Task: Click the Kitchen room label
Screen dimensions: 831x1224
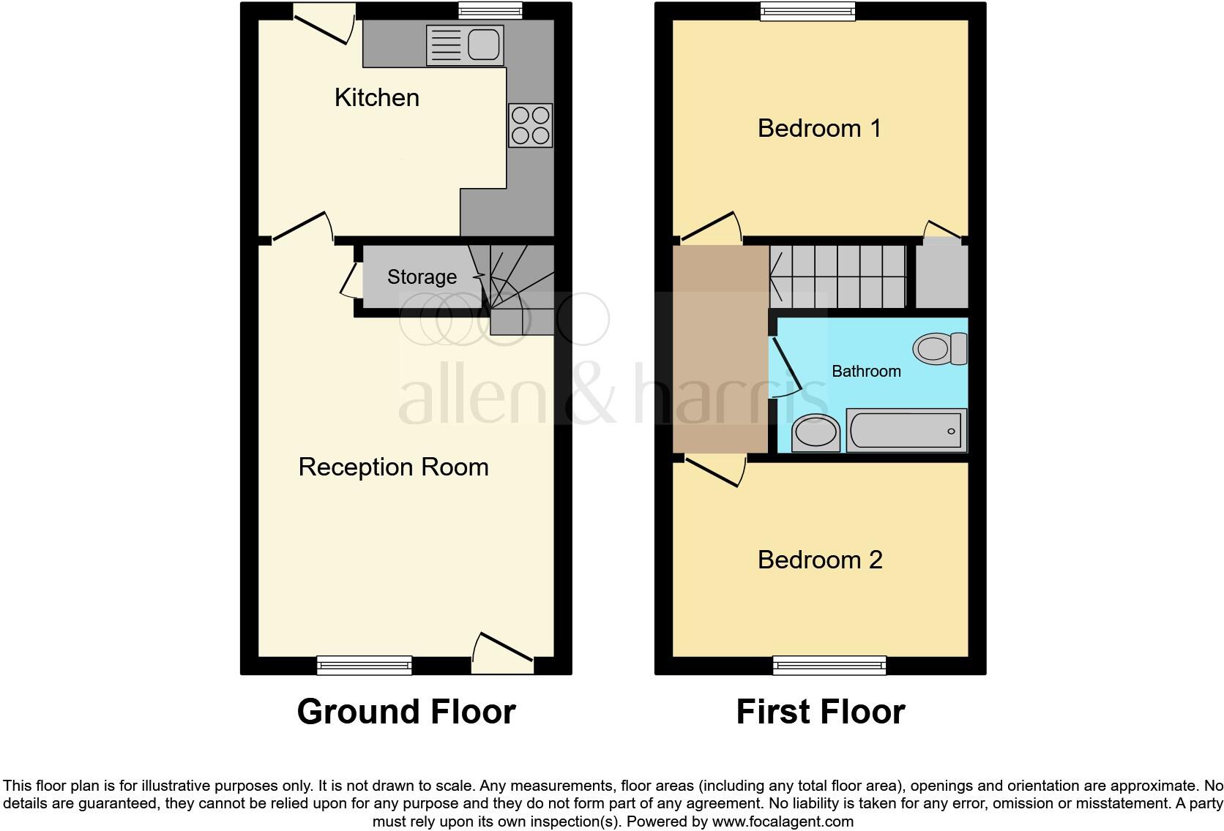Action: coord(376,97)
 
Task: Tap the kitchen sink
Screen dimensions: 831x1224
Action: coord(464,45)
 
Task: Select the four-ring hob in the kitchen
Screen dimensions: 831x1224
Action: coord(531,125)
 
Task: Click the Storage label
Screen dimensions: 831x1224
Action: coord(422,277)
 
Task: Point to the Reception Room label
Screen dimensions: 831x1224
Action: coord(393,467)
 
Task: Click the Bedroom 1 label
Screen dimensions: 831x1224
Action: coord(819,128)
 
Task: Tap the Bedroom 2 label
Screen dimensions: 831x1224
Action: coord(820,560)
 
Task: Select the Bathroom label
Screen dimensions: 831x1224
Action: coord(866,371)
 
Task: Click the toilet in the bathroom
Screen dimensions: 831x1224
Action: coord(940,348)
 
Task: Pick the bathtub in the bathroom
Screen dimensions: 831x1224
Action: coord(906,430)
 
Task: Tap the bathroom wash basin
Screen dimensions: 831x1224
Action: coord(816,432)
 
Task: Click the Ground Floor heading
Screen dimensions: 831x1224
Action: coord(406,711)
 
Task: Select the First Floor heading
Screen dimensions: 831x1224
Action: coord(820,711)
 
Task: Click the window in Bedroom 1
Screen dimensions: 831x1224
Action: coord(807,10)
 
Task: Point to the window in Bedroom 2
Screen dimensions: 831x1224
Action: coord(829,665)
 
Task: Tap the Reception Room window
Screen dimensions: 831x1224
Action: coord(364,665)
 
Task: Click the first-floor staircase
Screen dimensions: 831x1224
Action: coord(837,276)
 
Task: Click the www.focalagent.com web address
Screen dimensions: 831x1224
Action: coord(783,821)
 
